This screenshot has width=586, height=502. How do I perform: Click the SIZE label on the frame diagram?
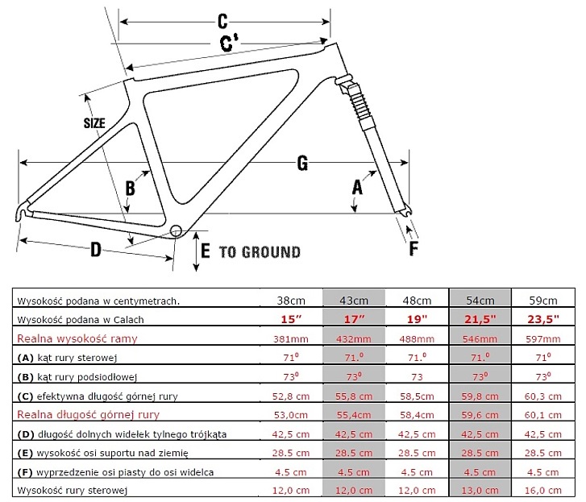[94, 123]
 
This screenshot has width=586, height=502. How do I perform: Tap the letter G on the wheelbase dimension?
[302, 163]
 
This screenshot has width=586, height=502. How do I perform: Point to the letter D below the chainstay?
[96, 249]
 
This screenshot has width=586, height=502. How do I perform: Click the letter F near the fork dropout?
[414, 248]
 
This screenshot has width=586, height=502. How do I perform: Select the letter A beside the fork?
[357, 188]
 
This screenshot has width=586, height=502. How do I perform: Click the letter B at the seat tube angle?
[130, 189]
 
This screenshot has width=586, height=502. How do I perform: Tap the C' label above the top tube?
[229, 43]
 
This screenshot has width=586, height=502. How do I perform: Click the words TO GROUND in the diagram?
[260, 252]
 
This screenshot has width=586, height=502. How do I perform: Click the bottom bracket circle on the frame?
[176, 231]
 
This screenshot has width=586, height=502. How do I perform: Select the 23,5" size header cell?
[543, 319]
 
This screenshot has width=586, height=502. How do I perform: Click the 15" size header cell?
[291, 319]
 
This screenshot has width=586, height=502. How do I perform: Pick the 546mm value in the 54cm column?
[480, 339]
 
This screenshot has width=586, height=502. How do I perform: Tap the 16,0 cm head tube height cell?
[543, 491]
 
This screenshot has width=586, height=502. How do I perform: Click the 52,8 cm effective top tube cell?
[291, 396]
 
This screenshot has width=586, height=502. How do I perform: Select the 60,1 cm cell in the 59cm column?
[543, 415]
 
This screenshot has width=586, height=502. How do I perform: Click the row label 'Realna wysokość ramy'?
[77, 338]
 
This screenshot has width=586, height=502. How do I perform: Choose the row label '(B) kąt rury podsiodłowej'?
[77, 377]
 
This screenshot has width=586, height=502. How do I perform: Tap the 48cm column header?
[417, 301]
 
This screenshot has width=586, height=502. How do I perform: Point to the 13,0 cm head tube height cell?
[480, 491]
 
